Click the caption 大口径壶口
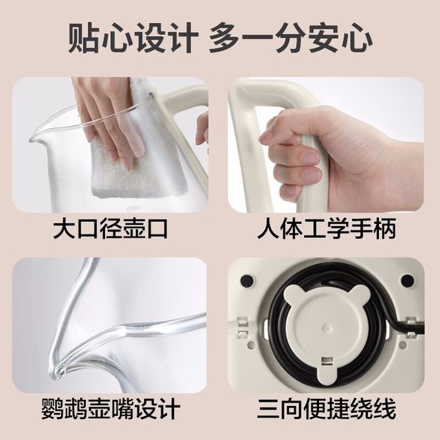(x=110, y=229)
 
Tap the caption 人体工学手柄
(x=326, y=229)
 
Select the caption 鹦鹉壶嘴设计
(x=110, y=409)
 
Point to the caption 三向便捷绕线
(x=326, y=409)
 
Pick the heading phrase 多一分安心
(x=291, y=38)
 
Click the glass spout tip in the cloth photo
(x=32, y=139)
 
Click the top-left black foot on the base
(x=247, y=280)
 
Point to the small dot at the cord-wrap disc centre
(x=327, y=328)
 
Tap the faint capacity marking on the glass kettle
(x=133, y=208)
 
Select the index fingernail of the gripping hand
(x=309, y=156)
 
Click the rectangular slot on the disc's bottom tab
(x=327, y=361)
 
